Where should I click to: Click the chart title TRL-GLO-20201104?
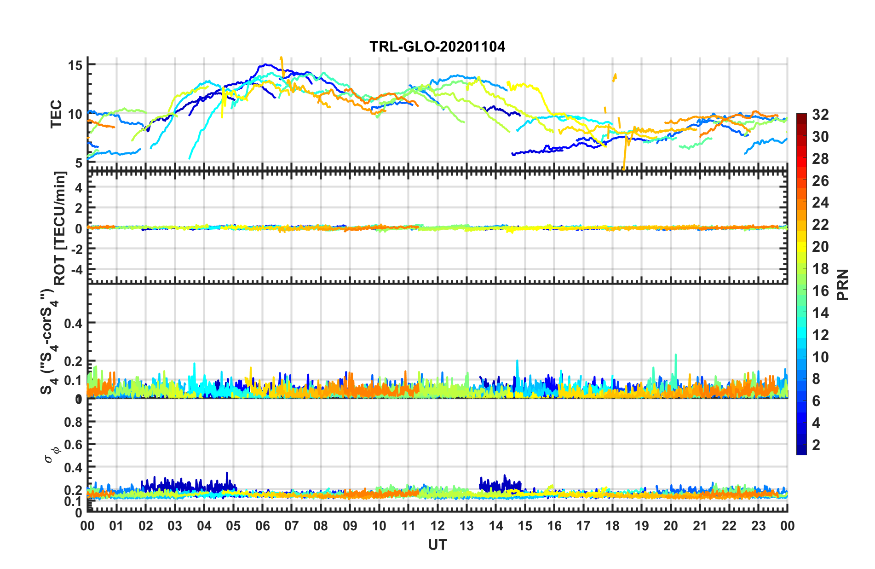point(437,46)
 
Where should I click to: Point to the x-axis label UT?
point(437,545)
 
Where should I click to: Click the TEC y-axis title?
point(56,114)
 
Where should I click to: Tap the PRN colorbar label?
point(843,284)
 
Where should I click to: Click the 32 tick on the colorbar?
point(820,115)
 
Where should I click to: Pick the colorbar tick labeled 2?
point(816,445)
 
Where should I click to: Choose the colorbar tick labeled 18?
point(820,269)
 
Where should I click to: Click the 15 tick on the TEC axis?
point(75,65)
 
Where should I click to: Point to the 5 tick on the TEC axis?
point(79,163)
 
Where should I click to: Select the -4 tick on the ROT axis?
point(77,268)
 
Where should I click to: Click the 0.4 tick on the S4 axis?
point(73,323)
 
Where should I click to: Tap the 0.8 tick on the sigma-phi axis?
point(73,422)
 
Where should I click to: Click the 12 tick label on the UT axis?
point(437,526)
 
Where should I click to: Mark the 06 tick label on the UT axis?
point(262,526)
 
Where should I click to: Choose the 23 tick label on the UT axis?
point(758,526)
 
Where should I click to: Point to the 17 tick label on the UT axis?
point(583,526)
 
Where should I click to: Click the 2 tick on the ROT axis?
point(79,208)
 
